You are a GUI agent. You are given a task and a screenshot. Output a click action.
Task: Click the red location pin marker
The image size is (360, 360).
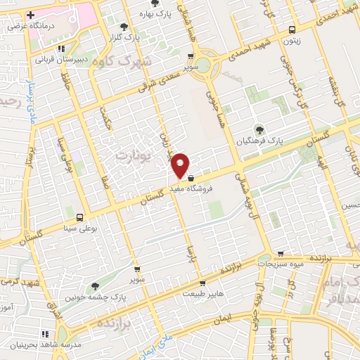[x=181, y=165]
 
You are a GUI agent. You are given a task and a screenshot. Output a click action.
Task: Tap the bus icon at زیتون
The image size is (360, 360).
[x=292, y=30]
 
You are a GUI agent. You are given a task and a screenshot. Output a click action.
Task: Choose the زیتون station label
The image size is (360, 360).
[x=292, y=41]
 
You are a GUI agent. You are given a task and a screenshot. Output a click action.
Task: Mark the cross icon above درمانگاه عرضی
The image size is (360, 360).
[x=30, y=14]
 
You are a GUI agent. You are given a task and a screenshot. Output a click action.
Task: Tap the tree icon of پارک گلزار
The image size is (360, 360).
[x=124, y=27]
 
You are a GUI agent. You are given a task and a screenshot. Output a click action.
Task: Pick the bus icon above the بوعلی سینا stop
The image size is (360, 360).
[x=79, y=217]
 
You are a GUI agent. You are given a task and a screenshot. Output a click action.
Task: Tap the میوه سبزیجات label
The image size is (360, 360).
[x=282, y=264]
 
